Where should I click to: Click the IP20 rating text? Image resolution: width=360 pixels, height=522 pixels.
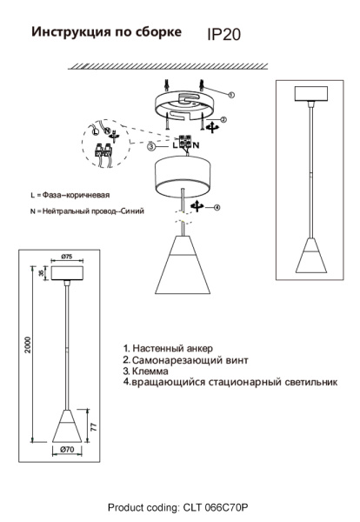coord(224,35)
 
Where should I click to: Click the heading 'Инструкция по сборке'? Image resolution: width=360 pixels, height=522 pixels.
coord(107,32)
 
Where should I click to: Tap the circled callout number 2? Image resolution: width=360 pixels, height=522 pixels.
coord(223,120)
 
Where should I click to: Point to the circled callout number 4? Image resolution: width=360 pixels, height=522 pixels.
coord(217,207)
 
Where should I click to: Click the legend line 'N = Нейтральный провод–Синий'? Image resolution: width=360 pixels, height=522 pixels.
coord(86,211)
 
